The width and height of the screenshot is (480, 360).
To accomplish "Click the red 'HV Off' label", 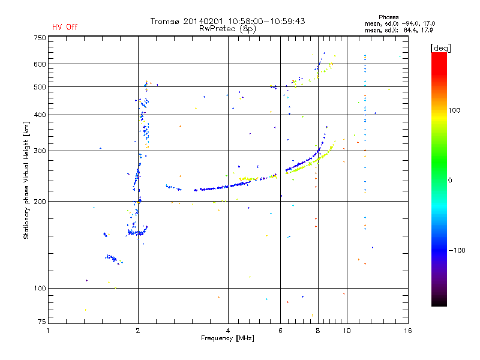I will (x=64, y=27).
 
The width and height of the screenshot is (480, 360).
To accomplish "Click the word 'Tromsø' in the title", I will (x=169, y=21).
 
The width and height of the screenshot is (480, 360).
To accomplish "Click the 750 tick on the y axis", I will (x=39, y=38).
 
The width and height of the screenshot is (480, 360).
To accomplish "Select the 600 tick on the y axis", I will (x=39, y=64).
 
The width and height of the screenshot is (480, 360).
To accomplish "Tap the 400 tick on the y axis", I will (x=39, y=115).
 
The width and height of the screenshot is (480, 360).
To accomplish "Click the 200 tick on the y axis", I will (x=39, y=201).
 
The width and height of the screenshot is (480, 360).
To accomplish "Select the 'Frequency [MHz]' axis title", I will (x=227, y=338).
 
